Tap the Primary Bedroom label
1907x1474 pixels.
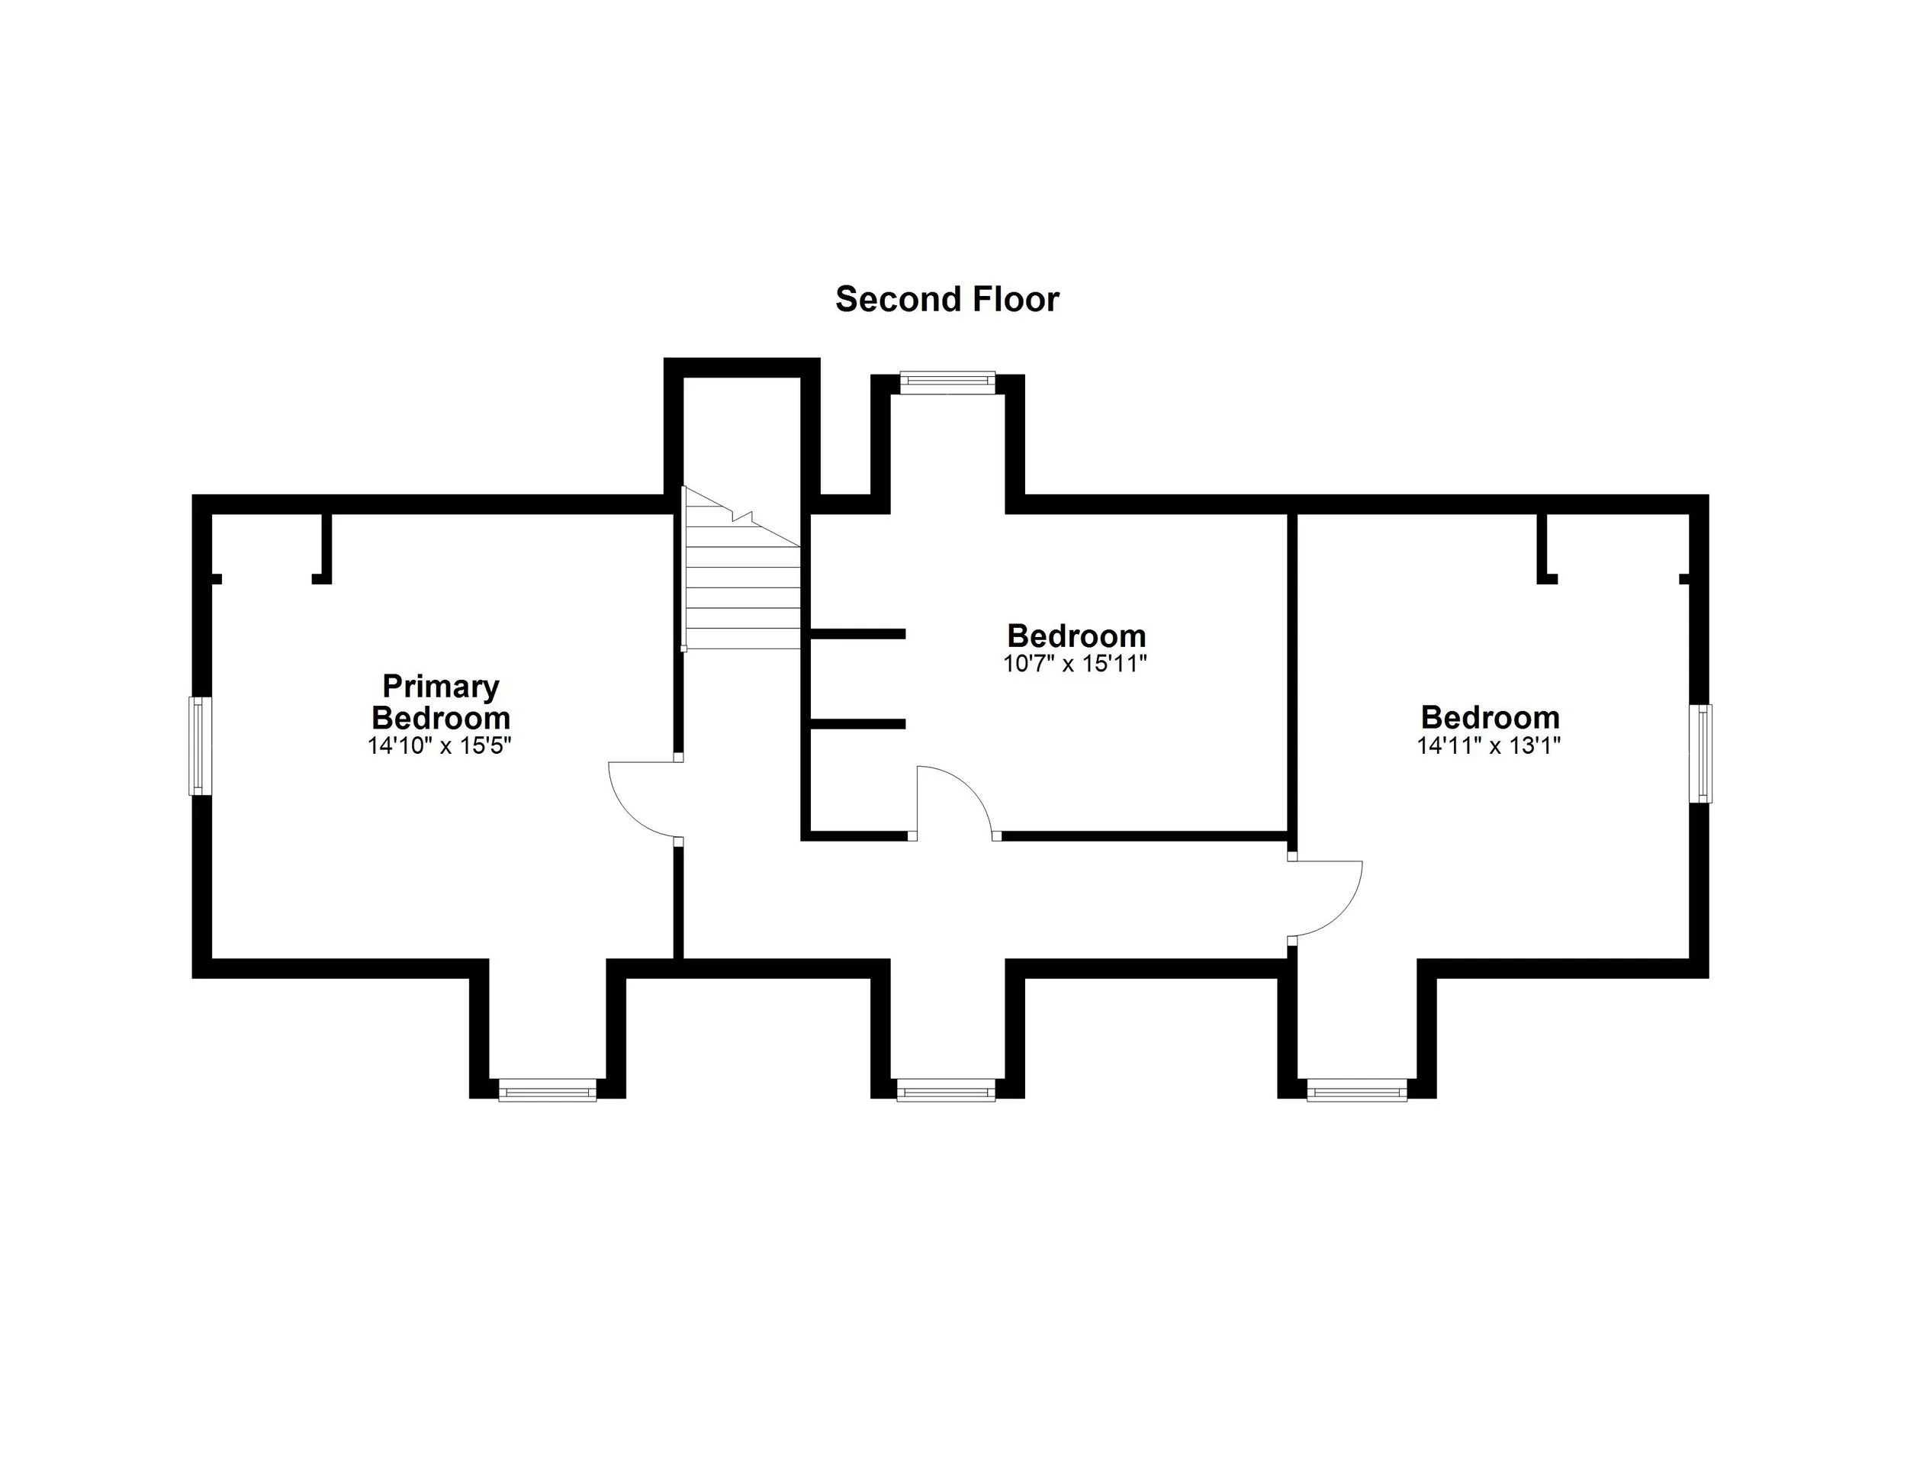pyautogui.click(x=441, y=702)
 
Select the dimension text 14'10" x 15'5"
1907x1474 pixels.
pyautogui.click(x=439, y=745)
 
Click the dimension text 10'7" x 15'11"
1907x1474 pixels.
pyautogui.click(x=1075, y=664)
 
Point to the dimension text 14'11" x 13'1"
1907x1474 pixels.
pyautogui.click(x=1489, y=745)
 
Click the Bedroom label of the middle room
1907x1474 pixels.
pyautogui.click(x=1076, y=635)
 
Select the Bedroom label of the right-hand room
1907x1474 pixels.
pyautogui.click(x=1490, y=717)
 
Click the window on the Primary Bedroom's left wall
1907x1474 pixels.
pyautogui.click(x=201, y=745)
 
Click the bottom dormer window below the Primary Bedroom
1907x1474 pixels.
pyautogui.click(x=548, y=1091)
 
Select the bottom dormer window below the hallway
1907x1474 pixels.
pyautogui.click(x=946, y=1091)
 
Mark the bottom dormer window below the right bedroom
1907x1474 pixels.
pyautogui.click(x=1357, y=1091)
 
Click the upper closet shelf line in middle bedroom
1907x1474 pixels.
pyautogui.click(x=857, y=633)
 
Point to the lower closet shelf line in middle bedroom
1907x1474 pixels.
pyautogui.click(x=857, y=723)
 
